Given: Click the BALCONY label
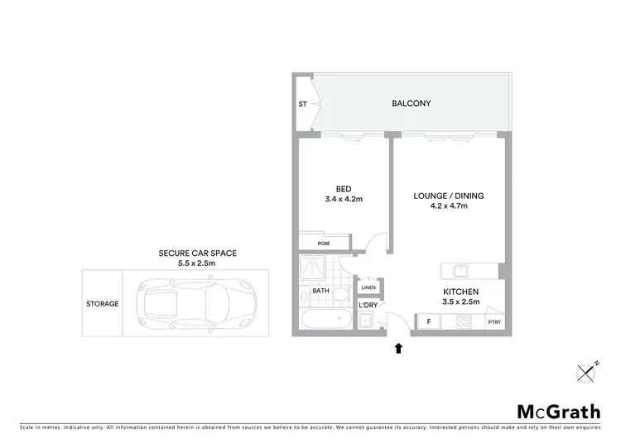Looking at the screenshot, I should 412,104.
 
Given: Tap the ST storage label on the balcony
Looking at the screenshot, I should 302,104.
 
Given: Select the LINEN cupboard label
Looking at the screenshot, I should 368,287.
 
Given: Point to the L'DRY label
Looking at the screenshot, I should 368,306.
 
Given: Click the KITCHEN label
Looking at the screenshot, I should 462,292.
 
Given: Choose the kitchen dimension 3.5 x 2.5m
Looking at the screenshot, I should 462,303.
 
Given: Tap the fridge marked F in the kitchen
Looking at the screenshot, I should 429,321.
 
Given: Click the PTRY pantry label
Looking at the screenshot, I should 494,322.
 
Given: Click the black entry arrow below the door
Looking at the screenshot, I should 399,348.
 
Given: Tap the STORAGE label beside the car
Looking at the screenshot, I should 102,303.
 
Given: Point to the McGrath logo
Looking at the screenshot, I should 549,412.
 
